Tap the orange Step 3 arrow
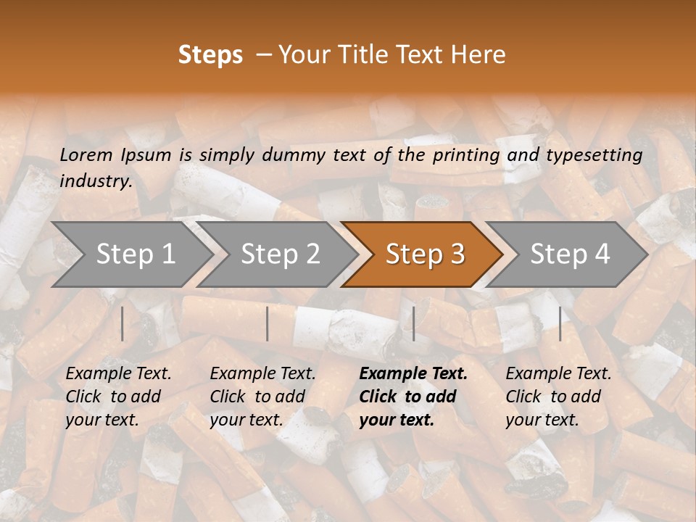422,254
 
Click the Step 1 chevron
132,254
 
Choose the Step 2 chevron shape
277,254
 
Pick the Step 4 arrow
566,254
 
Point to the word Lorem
86,155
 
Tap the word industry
96,181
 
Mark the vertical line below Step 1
123,324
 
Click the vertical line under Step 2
268,324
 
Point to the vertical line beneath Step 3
414,324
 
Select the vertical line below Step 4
560,324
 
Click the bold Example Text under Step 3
413,374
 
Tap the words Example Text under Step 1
118,374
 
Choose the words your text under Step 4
542,420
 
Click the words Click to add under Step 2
257,397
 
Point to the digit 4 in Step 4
602,254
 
